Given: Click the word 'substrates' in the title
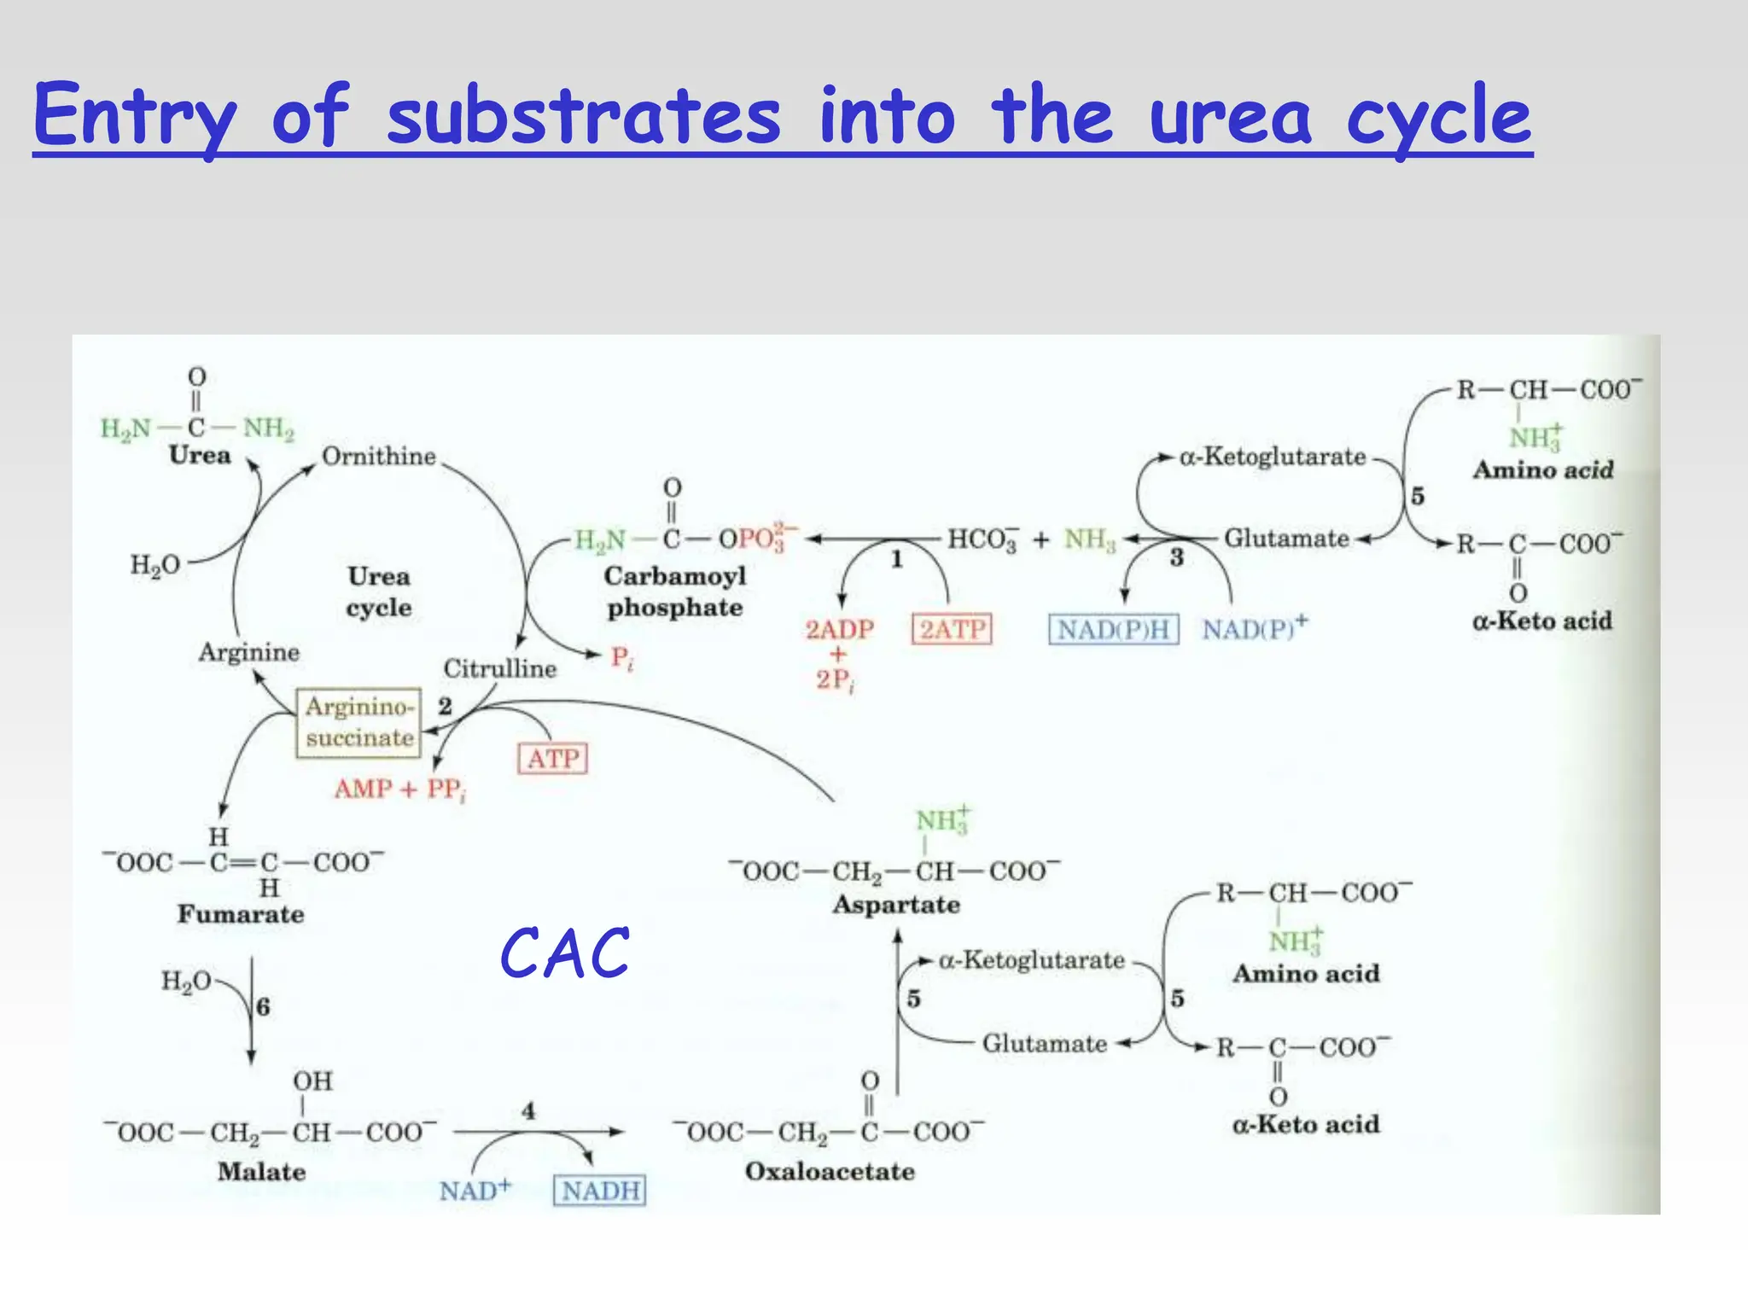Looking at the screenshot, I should tap(583, 117).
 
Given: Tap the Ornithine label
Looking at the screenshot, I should tap(379, 457).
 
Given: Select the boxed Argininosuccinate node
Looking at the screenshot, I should tap(359, 722).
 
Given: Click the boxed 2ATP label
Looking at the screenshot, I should tap(953, 629).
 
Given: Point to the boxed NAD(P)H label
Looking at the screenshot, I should tap(1113, 629).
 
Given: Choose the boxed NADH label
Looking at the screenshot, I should tap(600, 1190).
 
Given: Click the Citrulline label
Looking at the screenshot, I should tap(500, 668).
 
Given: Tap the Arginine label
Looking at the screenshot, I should tap(249, 652).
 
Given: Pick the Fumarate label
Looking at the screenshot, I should tap(241, 914).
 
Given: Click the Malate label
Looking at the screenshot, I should tap(261, 1172).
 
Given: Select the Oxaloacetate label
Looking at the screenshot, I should tap(830, 1171).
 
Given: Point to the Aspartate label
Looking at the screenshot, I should tap(896, 905).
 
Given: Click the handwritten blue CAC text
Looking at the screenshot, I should tap(565, 953).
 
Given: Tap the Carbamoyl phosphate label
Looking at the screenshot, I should tap(675, 591).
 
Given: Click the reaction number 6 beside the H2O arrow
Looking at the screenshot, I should tap(263, 1007).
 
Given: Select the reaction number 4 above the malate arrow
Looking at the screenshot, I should tap(528, 1110).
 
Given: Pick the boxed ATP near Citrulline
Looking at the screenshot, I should tap(553, 758).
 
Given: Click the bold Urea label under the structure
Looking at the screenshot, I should tap(200, 455).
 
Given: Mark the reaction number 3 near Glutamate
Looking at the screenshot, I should tap(1176, 558).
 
